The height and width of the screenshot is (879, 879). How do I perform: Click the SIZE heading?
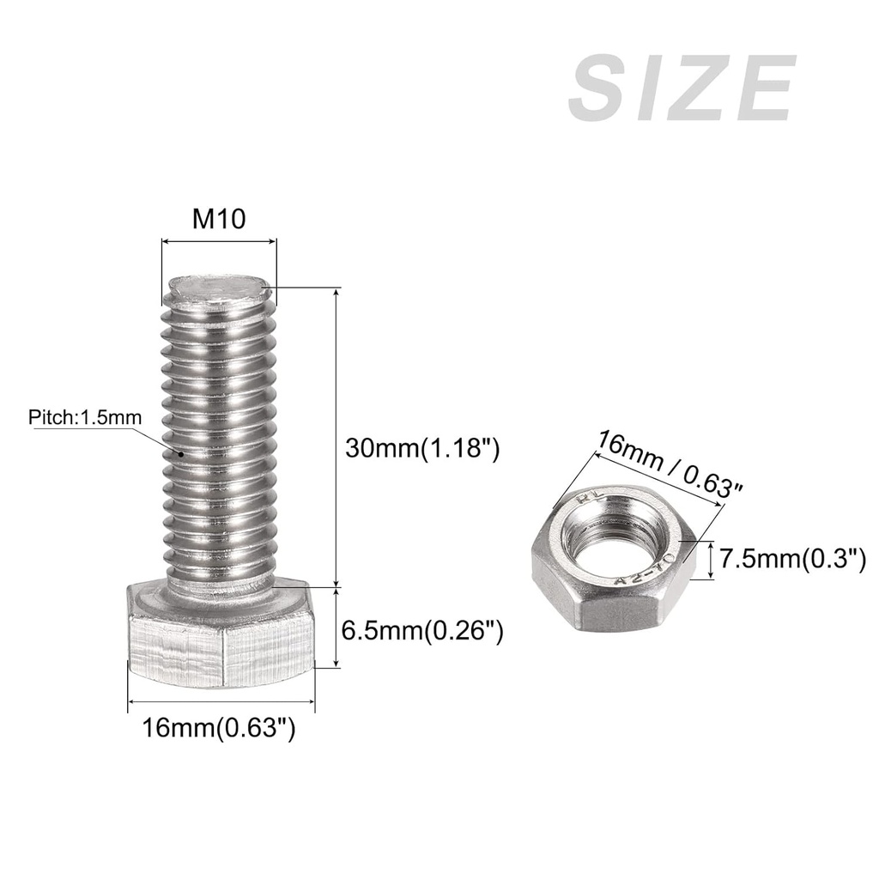(682, 90)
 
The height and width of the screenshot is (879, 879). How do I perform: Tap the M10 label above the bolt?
(219, 219)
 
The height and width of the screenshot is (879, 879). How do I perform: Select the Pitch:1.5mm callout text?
(85, 418)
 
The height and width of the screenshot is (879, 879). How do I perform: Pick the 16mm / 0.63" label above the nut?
(670, 464)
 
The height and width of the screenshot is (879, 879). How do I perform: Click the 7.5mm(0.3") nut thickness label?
(791, 560)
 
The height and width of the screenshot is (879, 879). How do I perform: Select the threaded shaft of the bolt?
(219, 446)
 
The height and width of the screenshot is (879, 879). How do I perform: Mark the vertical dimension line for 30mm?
(336, 438)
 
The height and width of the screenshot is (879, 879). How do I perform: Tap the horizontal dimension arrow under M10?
(219, 242)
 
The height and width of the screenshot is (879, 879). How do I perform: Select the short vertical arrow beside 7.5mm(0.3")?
(712, 561)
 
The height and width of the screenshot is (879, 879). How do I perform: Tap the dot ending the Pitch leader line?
(181, 452)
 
